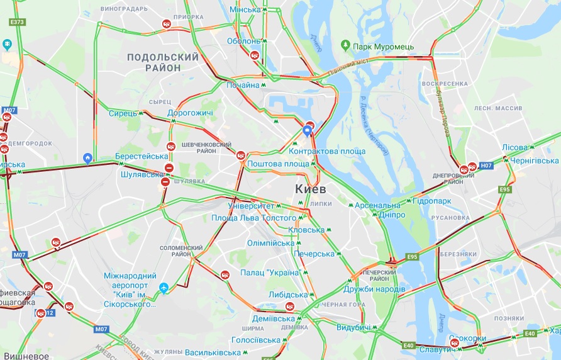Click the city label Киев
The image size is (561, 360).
[311, 189]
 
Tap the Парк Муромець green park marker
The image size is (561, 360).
[345, 45]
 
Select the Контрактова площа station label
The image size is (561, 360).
[327, 152]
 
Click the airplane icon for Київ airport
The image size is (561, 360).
[164, 288]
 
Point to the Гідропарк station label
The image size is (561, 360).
[431, 201]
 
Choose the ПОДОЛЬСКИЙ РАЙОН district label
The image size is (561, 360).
[163, 62]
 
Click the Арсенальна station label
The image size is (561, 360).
[377, 206]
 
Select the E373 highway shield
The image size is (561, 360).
[17, 22]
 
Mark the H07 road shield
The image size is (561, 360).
[486, 166]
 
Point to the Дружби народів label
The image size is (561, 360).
[374, 289]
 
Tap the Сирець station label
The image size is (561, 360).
[122, 113]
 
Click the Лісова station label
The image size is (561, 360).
[514, 147]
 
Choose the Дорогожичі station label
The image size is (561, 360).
[190, 113]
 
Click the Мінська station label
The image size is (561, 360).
[245, 9]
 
